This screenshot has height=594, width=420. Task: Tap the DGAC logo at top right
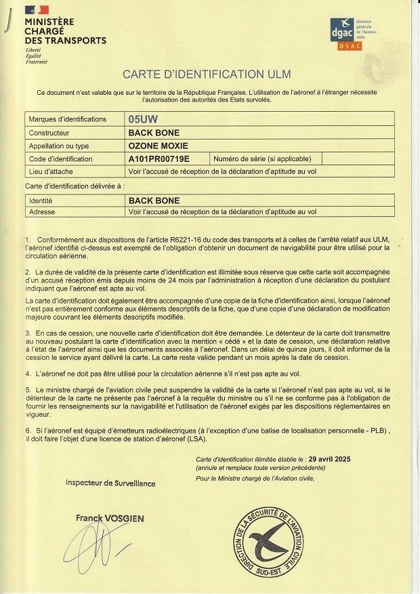tap(346, 30)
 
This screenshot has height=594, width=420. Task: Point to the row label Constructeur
tap(49, 133)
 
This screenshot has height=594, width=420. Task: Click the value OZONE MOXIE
tap(159, 146)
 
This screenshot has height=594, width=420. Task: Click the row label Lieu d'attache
tap(51, 171)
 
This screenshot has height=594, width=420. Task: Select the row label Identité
tap(41, 200)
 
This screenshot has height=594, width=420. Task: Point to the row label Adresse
tap(41, 211)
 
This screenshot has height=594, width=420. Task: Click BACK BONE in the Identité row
tap(154, 200)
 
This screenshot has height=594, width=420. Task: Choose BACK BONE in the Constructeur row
tap(154, 133)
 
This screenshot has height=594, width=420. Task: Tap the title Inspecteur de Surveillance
tap(110, 483)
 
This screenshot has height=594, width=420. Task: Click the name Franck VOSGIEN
tap(110, 519)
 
